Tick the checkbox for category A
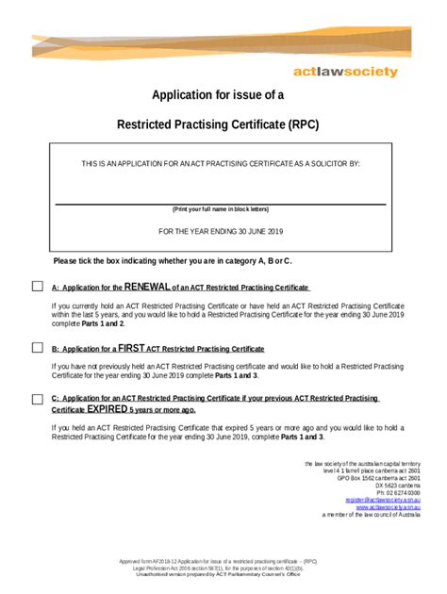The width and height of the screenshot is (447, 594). [x=38, y=287]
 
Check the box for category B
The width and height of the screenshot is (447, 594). [x=38, y=347]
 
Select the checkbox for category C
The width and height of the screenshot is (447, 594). [x=38, y=399]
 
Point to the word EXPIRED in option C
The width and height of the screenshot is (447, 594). [x=108, y=410]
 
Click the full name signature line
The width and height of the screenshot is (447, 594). [x=220, y=203]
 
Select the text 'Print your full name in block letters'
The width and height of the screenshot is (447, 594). [x=220, y=209]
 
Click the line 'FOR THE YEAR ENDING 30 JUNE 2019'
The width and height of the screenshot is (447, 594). [x=220, y=231]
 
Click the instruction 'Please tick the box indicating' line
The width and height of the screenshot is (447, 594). [x=173, y=260]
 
